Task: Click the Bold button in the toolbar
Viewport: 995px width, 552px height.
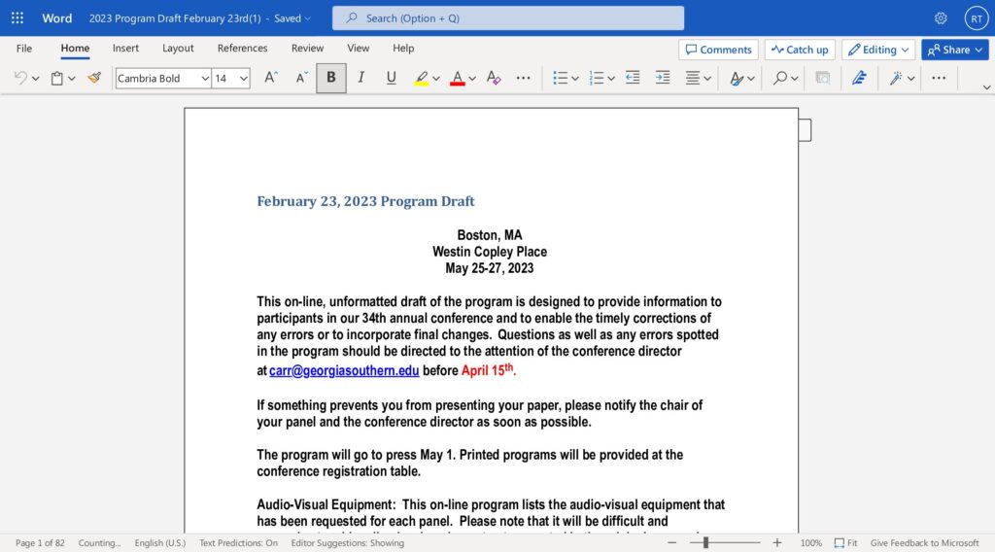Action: (331, 78)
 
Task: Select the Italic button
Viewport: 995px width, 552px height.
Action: (361, 78)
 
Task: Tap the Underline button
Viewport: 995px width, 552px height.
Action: (392, 78)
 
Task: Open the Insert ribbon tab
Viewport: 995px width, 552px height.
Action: (125, 49)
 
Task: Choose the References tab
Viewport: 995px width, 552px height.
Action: (242, 49)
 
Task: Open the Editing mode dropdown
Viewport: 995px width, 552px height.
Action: (878, 50)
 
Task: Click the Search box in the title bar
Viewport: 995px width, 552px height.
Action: (507, 18)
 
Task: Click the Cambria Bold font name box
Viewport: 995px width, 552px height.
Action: (157, 79)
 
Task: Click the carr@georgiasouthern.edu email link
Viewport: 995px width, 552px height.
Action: (344, 370)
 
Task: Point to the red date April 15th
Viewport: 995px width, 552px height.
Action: (488, 370)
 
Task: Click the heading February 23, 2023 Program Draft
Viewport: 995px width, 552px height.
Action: (365, 201)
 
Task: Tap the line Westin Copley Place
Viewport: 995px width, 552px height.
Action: (490, 252)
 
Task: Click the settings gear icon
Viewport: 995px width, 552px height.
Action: (941, 18)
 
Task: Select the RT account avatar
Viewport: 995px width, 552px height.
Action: (975, 18)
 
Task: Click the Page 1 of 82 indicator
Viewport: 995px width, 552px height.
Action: (40, 543)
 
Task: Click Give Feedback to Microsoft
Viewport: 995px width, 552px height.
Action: (924, 543)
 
